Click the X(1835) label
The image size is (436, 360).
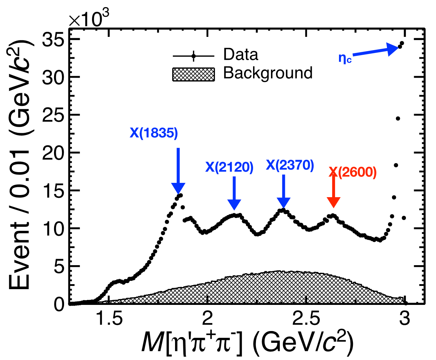[154, 133]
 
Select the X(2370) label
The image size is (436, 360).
[290, 165]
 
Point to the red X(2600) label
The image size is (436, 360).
[353, 172]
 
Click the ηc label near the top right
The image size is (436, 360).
[345, 58]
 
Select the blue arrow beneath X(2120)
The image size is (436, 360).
[234, 193]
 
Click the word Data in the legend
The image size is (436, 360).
[241, 55]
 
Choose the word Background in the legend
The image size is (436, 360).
[268, 73]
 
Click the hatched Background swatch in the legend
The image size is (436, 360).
[193, 74]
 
